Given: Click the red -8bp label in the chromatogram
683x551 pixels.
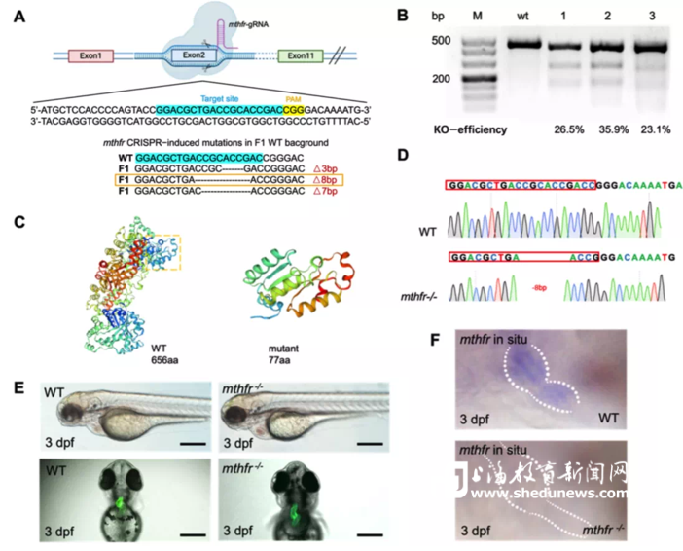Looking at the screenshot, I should pyautogui.click(x=538, y=288).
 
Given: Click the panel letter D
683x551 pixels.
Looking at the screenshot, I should pyautogui.click(x=416, y=156).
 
